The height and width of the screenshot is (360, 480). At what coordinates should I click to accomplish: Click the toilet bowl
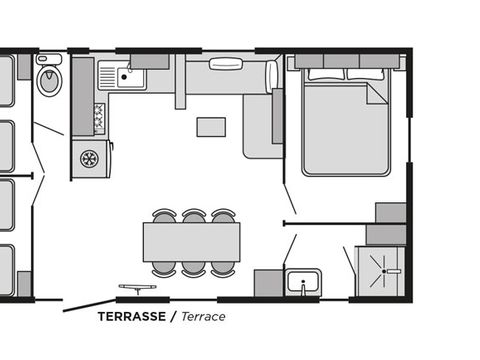pos(49,80)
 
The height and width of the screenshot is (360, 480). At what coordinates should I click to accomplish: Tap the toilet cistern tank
pos(49,59)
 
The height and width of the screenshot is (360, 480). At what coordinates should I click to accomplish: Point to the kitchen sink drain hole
pos(124,77)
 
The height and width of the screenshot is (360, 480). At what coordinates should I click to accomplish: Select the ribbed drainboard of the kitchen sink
pos(107,76)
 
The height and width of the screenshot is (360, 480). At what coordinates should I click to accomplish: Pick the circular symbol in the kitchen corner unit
pos(89,159)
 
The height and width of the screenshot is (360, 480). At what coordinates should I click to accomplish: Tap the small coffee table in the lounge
pos(211,127)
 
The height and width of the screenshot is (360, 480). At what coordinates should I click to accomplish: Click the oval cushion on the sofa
pos(225,63)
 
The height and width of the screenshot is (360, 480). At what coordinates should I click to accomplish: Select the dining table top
pos(192,242)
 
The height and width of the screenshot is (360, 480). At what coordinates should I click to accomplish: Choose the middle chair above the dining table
pos(194,216)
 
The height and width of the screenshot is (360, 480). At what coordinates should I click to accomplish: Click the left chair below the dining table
pos(164,269)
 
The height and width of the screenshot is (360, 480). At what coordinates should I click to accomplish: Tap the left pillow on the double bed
pos(326,74)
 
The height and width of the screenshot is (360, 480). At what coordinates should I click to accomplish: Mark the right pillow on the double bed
pos(366,74)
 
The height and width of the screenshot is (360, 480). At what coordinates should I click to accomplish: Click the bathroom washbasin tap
pos(303,287)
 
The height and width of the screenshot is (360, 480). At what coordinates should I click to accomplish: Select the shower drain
pos(384,272)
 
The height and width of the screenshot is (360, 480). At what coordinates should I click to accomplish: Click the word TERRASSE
pos(132,316)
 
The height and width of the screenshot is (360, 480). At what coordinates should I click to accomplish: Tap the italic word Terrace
pos(203,316)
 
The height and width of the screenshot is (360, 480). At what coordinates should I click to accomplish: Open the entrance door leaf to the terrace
pos(89,306)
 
